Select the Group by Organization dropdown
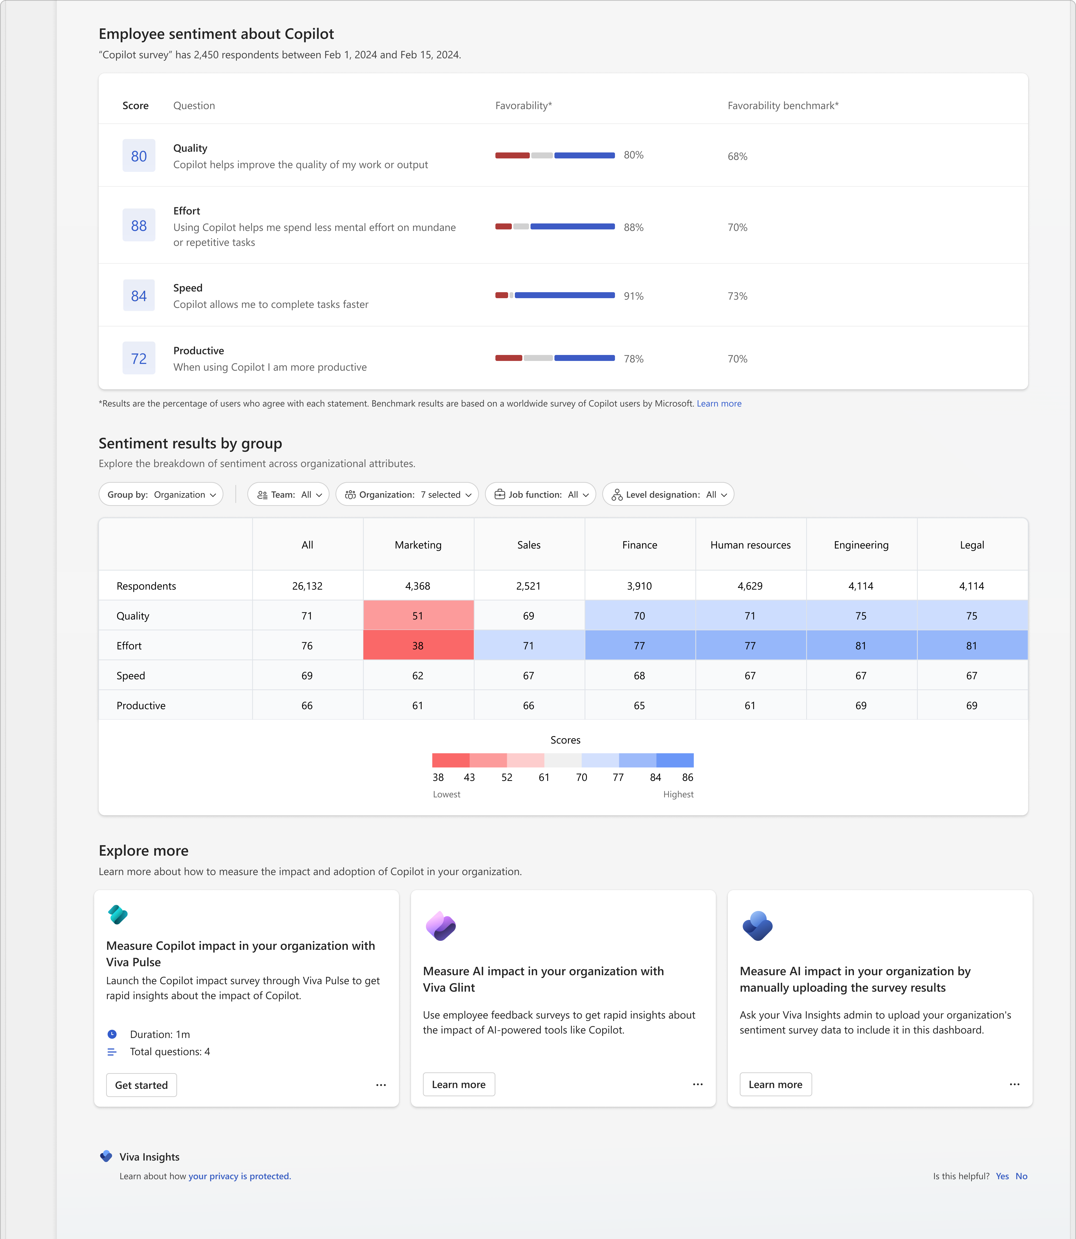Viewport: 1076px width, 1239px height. pos(161,494)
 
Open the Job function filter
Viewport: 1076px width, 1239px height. pos(540,494)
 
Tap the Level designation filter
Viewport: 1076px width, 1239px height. pos(668,494)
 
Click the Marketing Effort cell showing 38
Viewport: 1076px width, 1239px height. pos(418,646)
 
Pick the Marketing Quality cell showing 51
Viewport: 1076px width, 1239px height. pos(418,616)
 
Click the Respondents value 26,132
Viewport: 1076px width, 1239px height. pos(307,586)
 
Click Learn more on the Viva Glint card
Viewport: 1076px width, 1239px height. pos(459,1084)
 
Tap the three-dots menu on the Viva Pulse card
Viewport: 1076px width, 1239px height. pos(381,1085)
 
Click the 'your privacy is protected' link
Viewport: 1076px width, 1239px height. pos(240,1176)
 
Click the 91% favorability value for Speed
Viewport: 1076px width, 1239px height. pos(633,296)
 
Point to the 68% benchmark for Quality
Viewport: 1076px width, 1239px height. pos(737,156)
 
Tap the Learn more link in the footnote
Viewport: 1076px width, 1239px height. pos(719,404)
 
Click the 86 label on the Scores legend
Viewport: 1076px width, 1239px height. pos(687,777)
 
